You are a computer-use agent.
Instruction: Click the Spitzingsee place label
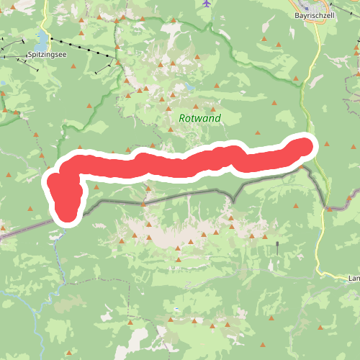pyautogui.click(x=47, y=54)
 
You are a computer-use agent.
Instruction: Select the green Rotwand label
pyautogui.click(x=199, y=118)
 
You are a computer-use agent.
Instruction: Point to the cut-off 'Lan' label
pyautogui.click(x=353, y=278)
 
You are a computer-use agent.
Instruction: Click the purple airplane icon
pyautogui.click(x=207, y=4)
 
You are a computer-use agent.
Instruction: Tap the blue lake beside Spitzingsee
pyautogui.click(x=43, y=38)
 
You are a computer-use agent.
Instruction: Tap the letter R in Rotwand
pyautogui.click(x=182, y=118)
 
